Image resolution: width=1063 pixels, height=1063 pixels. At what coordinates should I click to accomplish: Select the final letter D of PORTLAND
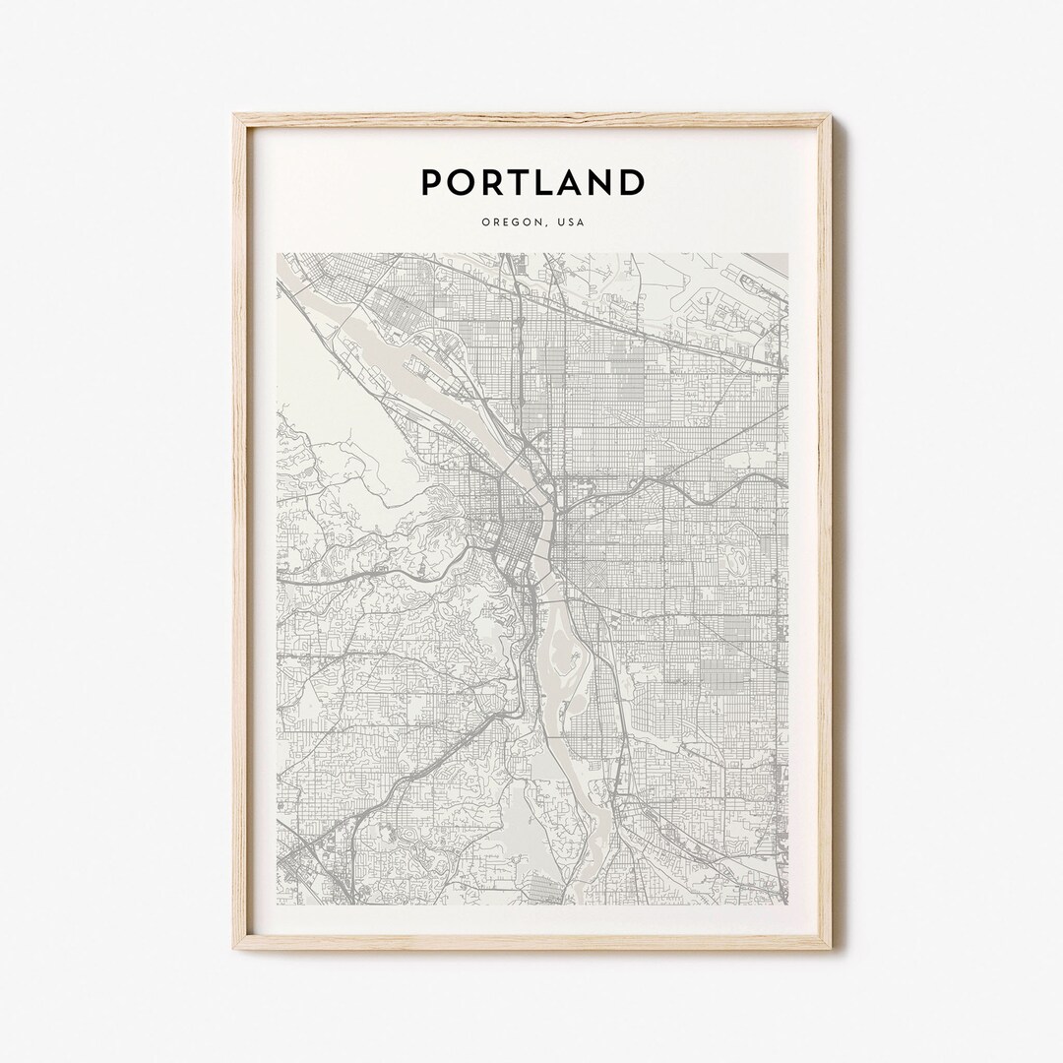[633, 182]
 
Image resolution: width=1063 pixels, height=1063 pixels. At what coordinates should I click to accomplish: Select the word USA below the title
[570, 222]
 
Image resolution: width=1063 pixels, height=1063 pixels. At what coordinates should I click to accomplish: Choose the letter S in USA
[570, 222]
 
